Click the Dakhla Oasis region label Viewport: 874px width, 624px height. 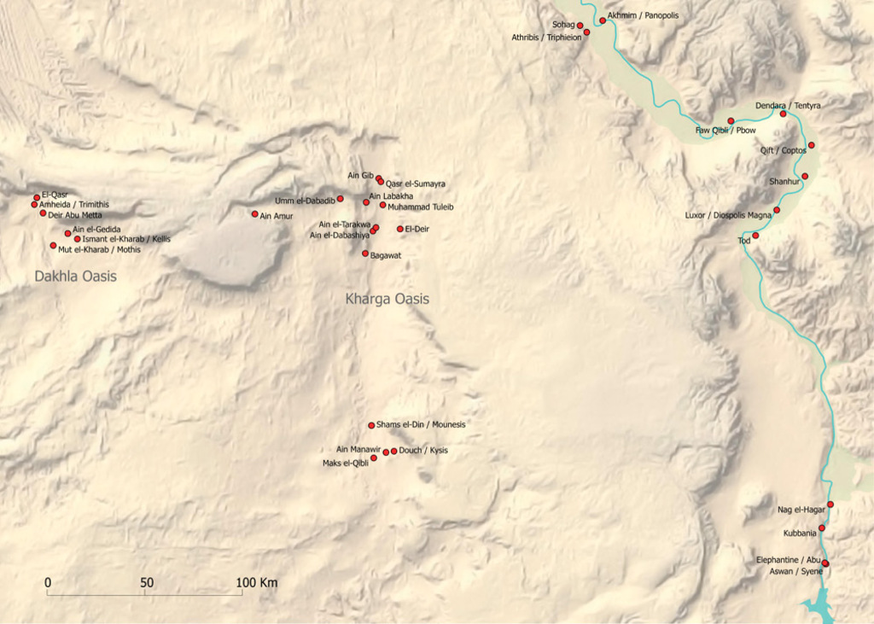(75, 277)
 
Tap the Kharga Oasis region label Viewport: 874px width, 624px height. (387, 300)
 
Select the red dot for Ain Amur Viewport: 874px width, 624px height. (254, 214)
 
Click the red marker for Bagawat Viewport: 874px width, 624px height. (365, 254)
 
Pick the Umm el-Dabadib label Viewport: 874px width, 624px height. (304, 200)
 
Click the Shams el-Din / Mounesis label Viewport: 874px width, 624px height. (421, 424)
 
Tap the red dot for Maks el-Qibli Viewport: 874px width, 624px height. (373, 458)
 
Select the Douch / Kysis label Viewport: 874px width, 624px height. (423, 451)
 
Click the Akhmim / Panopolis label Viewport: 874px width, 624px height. (643, 15)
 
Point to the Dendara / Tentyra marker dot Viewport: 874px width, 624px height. (783, 114)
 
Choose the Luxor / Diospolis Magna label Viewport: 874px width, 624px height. (728, 215)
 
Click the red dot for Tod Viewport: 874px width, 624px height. (755, 236)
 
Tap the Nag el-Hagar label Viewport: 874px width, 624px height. (801, 510)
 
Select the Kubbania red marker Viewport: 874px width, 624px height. (821, 528)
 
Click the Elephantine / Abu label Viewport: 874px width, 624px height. (788, 560)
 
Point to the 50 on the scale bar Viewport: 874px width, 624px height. (147, 582)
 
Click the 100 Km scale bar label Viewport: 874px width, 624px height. (258, 582)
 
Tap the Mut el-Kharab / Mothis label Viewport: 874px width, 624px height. (99, 250)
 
